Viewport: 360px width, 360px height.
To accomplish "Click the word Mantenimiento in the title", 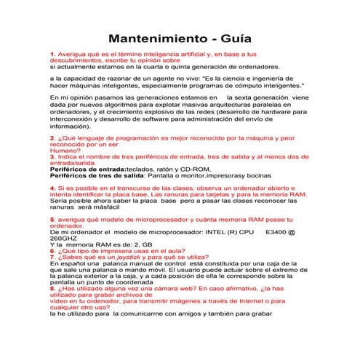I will (x=153, y=38).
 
